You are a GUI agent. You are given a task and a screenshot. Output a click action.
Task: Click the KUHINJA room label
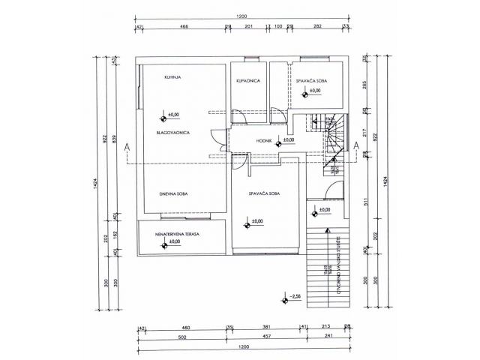(x=175, y=77)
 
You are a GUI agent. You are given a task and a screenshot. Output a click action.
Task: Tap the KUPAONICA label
(x=247, y=79)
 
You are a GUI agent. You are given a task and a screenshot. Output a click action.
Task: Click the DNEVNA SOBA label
(x=174, y=194)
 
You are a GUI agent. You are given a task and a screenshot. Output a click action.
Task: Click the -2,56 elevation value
(x=297, y=298)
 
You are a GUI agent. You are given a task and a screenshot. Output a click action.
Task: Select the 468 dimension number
(x=183, y=26)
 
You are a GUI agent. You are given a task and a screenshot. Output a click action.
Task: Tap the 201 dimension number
(x=249, y=26)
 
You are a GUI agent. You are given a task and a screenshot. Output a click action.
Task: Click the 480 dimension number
(x=184, y=328)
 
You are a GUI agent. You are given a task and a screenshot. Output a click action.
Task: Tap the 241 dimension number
(x=328, y=337)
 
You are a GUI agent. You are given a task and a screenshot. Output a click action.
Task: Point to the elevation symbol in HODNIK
(x=278, y=141)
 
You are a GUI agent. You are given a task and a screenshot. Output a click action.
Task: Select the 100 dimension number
(x=278, y=26)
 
